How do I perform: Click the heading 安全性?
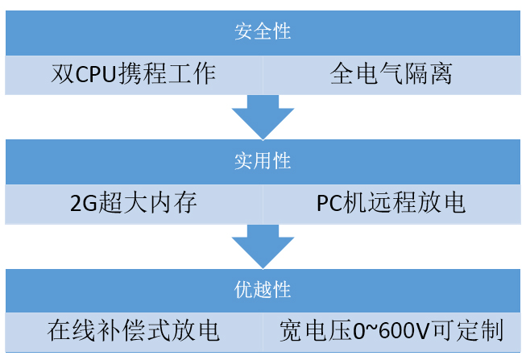click(263, 33)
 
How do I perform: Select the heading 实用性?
click(263, 161)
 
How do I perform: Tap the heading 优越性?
click(263, 289)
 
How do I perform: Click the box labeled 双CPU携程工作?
click(134, 75)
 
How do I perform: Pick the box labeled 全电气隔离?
click(391, 75)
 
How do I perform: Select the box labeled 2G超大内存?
click(134, 203)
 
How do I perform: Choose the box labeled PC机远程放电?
click(391, 203)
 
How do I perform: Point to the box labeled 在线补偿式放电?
click(134, 330)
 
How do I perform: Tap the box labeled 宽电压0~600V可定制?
click(391, 330)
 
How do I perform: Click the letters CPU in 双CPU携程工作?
click(101, 75)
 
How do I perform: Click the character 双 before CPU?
click(63, 75)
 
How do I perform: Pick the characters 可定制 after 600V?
click(471, 331)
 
